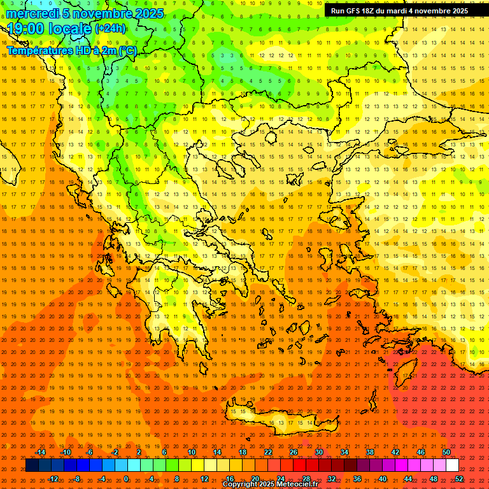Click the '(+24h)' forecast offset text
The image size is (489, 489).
click(110, 29)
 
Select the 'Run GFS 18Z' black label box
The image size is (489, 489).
click(399, 11)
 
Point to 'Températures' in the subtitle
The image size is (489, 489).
click(38, 50)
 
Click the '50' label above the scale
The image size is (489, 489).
click(446, 452)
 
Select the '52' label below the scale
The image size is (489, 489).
click(459, 479)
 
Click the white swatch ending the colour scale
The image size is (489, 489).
click(453, 465)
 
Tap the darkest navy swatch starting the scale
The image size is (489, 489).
click(32, 465)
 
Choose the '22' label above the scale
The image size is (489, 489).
click(268, 452)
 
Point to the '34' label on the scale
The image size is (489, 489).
click(344, 452)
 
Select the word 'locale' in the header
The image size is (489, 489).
click(69, 29)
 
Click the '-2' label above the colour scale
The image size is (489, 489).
click(115, 452)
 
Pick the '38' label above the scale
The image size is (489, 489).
click(369, 452)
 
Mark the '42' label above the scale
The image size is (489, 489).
click(395, 452)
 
